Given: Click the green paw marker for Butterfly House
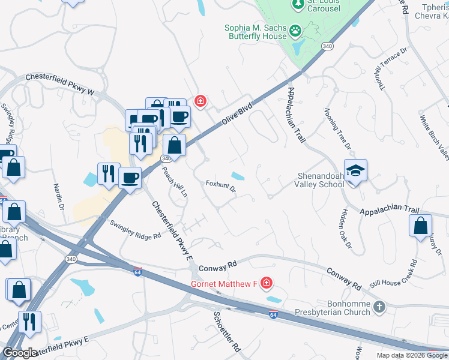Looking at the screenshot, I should pyautogui.click(x=295, y=29).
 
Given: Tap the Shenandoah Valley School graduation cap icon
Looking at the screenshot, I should pyautogui.click(x=355, y=170).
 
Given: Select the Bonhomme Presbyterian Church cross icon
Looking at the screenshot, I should pyautogui.click(x=379, y=307).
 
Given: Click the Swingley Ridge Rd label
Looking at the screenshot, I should pyautogui.click(x=136, y=229).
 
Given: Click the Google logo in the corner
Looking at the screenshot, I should pyautogui.click(x=19, y=353).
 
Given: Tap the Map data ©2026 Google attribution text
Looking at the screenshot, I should pyautogui.click(x=411, y=355).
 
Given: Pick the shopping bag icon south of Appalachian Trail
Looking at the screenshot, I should pyautogui.click(x=421, y=226).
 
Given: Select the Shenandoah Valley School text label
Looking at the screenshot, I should pyautogui.click(x=321, y=180).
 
